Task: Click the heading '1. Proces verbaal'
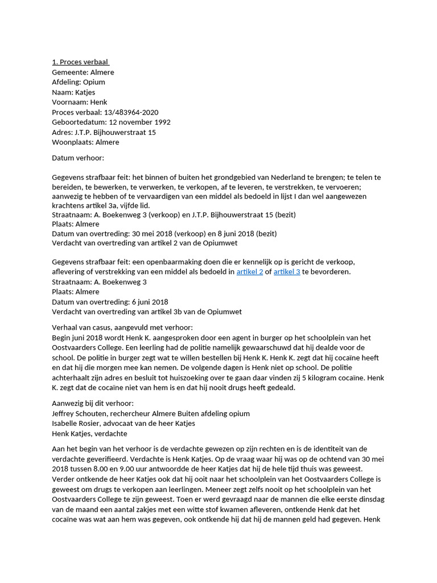click(x=80, y=62)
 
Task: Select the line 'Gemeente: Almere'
click(x=83, y=72)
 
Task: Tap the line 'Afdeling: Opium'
click(x=79, y=82)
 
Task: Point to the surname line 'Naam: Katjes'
click(x=73, y=92)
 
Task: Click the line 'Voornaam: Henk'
click(x=80, y=102)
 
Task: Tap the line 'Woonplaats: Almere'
click(x=85, y=142)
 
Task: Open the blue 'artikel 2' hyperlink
click(x=250, y=272)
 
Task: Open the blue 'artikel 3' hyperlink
click(x=287, y=272)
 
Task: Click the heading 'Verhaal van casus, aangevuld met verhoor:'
click(x=122, y=327)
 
